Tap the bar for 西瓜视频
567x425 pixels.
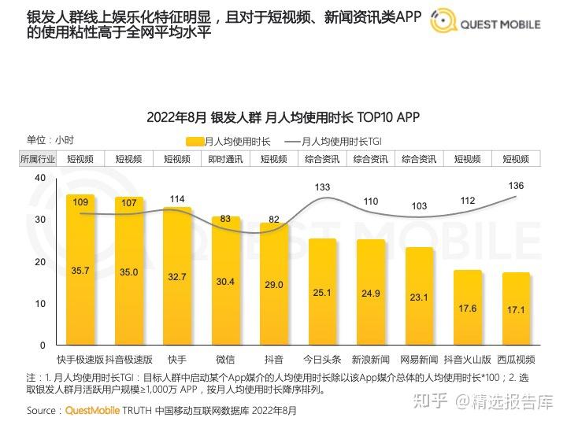[517, 309]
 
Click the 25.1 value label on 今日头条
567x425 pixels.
[323, 293]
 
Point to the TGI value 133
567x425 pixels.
[322, 187]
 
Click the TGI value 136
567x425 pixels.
[517, 186]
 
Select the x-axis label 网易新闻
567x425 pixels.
[419, 359]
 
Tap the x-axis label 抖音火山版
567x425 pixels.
[468, 359]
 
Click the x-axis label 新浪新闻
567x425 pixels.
[371, 359]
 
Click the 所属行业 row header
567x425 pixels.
[38, 159]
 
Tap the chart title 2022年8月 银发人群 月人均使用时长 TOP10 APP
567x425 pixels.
[283, 117]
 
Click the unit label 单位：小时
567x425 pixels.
[50, 139]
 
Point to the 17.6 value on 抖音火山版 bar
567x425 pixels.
[468, 308]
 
